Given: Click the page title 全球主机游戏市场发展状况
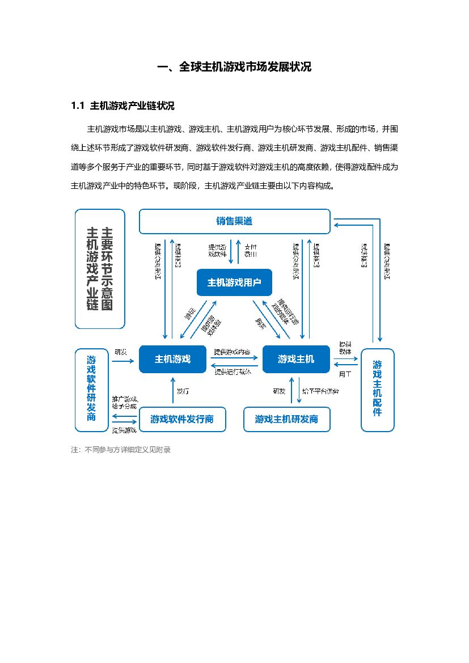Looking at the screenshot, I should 234,67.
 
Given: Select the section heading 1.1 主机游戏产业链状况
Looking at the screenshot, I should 122,106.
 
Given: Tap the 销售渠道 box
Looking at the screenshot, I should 234,221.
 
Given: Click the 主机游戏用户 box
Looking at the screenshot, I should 234,282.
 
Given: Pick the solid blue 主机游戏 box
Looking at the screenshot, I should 172,358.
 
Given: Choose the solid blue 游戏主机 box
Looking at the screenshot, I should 295,358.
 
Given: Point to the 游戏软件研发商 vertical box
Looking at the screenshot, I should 91,390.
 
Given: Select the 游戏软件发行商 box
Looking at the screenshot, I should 182,420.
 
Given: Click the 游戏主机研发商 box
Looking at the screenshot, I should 286,420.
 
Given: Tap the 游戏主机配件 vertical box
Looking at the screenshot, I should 377,390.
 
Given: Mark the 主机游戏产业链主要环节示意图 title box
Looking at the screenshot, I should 100,269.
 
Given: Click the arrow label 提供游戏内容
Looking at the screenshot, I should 231,352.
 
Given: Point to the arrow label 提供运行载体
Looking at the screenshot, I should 233,372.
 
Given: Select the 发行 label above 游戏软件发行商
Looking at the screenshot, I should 183,391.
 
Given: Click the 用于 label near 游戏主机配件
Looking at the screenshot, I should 345,374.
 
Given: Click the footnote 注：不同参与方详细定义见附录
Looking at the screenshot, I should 121,450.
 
